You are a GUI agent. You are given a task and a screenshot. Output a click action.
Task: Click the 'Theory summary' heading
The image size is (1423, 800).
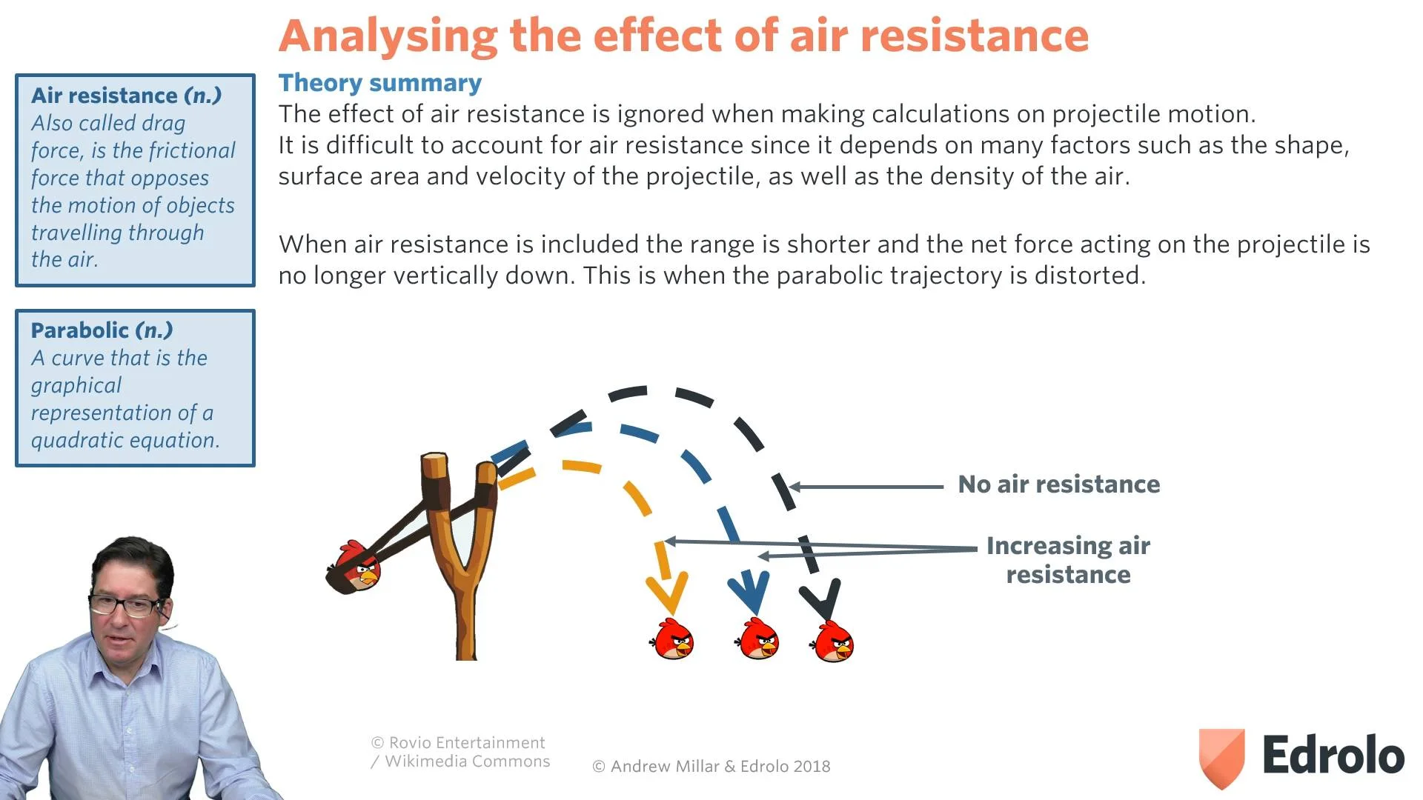(379, 83)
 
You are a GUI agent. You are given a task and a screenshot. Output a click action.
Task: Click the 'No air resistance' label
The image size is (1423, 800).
(1058, 484)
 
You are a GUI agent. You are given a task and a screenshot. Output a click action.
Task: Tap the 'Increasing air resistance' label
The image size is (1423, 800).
(1067, 560)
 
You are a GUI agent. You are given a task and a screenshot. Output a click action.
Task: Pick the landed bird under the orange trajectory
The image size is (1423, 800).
(673, 641)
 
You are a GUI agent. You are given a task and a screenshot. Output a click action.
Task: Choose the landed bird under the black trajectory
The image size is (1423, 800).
(834, 642)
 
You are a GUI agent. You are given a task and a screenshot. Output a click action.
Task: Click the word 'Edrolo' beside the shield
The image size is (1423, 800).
(1333, 756)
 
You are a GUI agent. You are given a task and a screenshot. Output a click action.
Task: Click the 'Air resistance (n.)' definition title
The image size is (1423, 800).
(126, 96)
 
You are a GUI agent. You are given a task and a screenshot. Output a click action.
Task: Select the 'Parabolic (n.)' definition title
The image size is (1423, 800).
(102, 330)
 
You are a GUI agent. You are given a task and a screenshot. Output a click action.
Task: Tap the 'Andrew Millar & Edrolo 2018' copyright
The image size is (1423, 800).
(711, 767)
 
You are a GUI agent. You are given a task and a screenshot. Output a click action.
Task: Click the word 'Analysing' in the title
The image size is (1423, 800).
(388, 36)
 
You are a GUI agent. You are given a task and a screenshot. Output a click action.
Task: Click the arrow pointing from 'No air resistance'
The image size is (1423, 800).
(867, 487)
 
